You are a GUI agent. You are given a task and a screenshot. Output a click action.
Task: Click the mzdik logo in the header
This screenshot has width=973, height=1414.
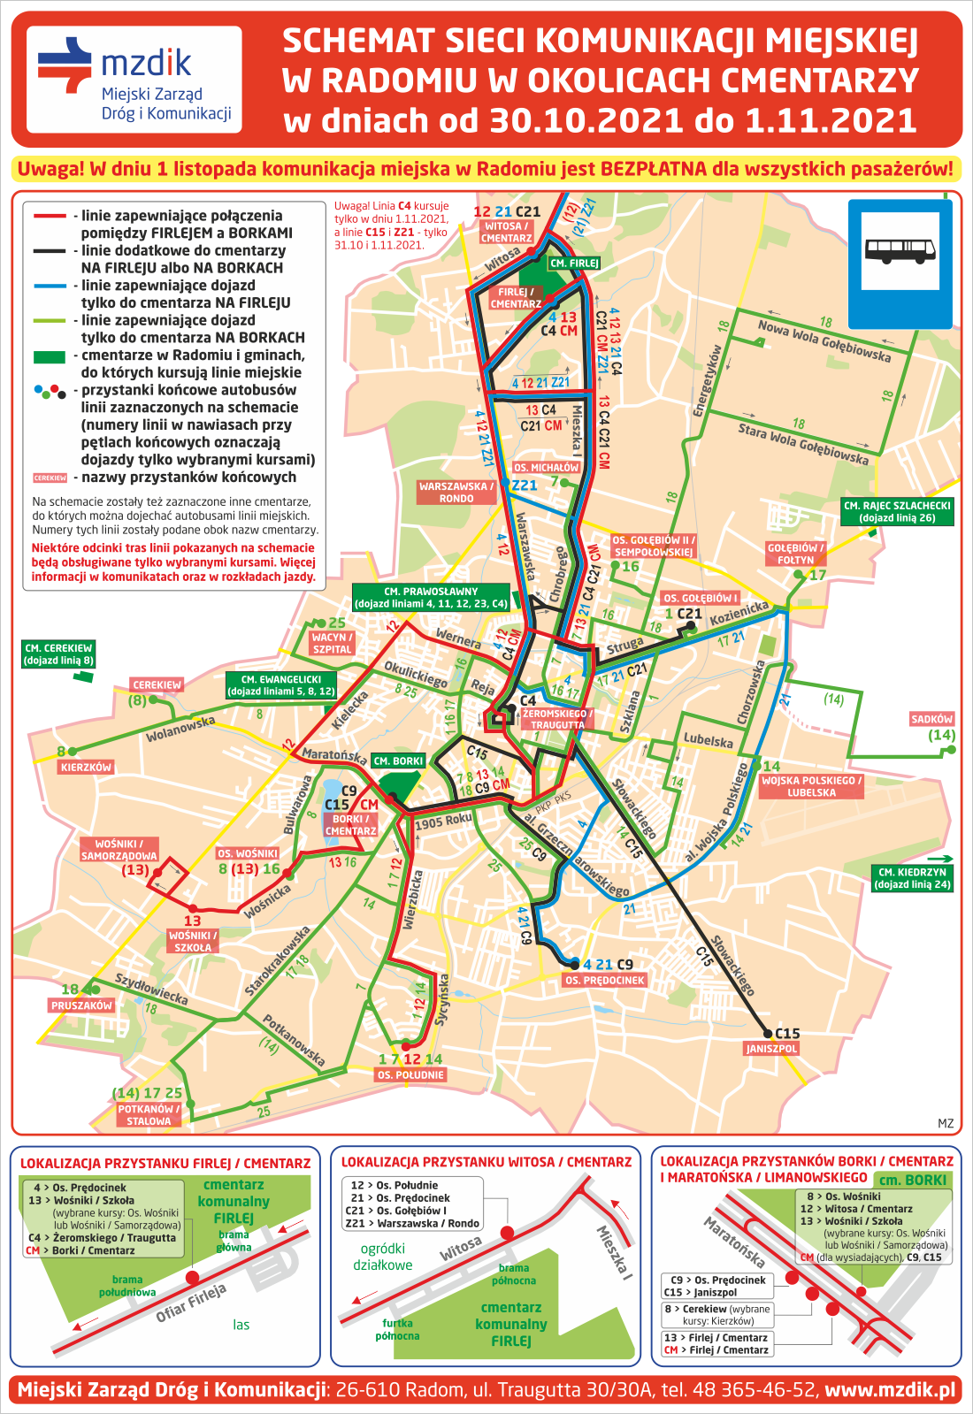coord(133,79)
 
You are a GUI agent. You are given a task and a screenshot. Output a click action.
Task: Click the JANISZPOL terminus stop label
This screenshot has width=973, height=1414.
coord(771,1049)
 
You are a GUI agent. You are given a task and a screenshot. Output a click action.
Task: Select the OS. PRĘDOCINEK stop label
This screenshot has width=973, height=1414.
coord(605,980)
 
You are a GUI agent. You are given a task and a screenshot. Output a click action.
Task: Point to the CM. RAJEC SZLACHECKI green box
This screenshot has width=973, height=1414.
coord(897,512)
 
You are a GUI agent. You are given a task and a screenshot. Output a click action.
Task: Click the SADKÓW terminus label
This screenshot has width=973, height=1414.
coord(931,719)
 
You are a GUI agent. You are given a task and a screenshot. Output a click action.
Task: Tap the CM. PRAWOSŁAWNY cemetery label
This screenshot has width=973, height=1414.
coord(431,598)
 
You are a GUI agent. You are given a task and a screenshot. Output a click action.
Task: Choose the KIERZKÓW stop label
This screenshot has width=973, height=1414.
coord(86,767)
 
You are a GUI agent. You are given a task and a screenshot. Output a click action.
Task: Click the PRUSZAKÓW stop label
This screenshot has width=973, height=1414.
coord(81,1005)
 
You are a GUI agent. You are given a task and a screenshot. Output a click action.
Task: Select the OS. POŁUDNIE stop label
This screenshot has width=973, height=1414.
coord(410,1074)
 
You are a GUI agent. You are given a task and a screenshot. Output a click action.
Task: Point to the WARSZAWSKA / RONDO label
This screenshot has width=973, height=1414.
coord(456,493)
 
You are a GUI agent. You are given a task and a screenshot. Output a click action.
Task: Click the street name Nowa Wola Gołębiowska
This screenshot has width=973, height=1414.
coord(824,340)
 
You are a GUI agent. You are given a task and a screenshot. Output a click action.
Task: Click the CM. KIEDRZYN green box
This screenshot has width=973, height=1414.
coord(912,878)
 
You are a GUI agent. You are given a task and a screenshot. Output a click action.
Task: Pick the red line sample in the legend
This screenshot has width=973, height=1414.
coord(50,216)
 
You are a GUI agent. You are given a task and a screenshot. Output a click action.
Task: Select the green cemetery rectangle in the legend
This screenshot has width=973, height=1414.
coord(50,357)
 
